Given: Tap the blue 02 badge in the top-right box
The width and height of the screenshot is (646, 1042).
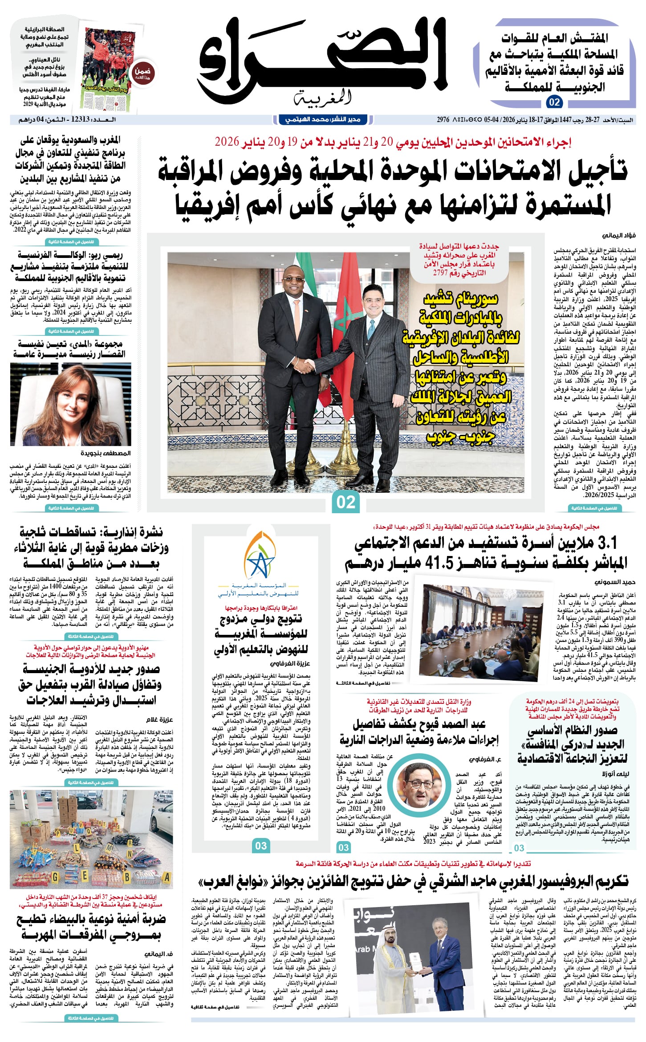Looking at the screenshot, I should (554, 102).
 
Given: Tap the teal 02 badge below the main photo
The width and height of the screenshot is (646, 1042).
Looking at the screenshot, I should (346, 502).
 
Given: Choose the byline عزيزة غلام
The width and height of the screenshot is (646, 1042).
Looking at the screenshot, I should (159, 719).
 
